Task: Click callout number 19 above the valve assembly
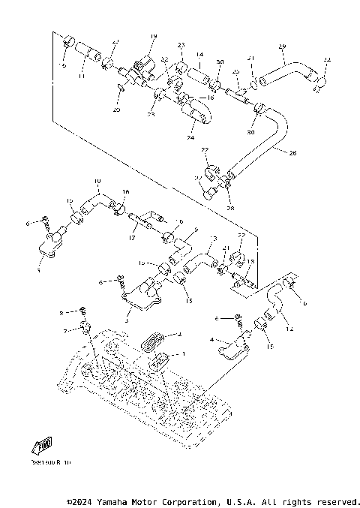click(153, 37)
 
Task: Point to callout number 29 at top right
click(282, 47)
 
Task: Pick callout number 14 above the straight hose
click(199, 55)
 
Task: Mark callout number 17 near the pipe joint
click(132, 239)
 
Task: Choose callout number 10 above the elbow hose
click(97, 182)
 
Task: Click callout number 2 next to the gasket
click(179, 335)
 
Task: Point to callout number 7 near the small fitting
click(65, 331)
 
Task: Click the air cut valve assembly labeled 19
click(140, 72)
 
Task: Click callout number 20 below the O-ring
click(116, 110)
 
